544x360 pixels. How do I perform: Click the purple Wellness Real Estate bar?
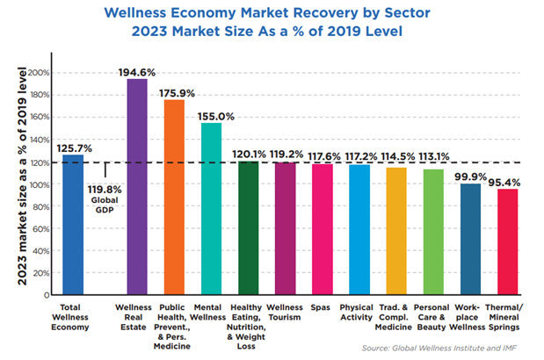pyautogui.click(x=137, y=188)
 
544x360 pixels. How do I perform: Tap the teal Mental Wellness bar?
pyautogui.click(x=211, y=210)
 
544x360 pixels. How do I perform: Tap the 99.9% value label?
pyautogui.click(x=471, y=175)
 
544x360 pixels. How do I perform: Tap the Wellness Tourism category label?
pyautogui.click(x=286, y=313)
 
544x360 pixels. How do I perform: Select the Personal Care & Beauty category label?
pyautogui.click(x=434, y=313)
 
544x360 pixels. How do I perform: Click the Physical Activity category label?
pyautogui.click(x=359, y=313)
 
